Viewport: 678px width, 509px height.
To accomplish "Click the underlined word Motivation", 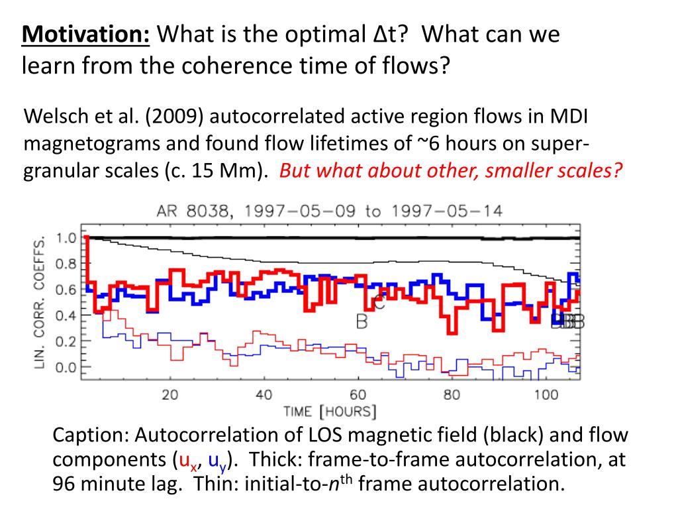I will tap(86, 34).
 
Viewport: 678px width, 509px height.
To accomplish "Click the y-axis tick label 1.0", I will tap(66, 238).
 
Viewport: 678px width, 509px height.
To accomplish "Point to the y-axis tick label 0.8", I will tap(66, 264).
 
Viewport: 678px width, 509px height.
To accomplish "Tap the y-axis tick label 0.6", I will tap(66, 290).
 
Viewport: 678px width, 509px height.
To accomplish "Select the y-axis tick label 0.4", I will tap(66, 315).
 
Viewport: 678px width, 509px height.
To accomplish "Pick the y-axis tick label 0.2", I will tap(66, 341).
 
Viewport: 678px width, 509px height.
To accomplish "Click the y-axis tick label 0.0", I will tap(66, 367).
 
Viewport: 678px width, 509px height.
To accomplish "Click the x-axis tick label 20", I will tap(170, 395).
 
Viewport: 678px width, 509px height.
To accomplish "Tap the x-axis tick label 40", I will tap(264, 395).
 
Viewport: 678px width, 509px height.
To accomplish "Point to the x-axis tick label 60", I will tap(358, 395).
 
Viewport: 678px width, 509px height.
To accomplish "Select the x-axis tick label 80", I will tap(452, 395).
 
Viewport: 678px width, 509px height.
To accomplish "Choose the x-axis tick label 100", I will tap(546, 395).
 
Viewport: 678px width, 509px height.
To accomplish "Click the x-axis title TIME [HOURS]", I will tap(330, 412).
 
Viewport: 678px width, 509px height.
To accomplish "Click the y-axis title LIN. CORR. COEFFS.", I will tap(41, 302).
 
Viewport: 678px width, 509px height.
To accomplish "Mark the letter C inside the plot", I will tap(379, 303).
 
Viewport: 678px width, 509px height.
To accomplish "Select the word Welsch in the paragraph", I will tap(52, 118).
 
